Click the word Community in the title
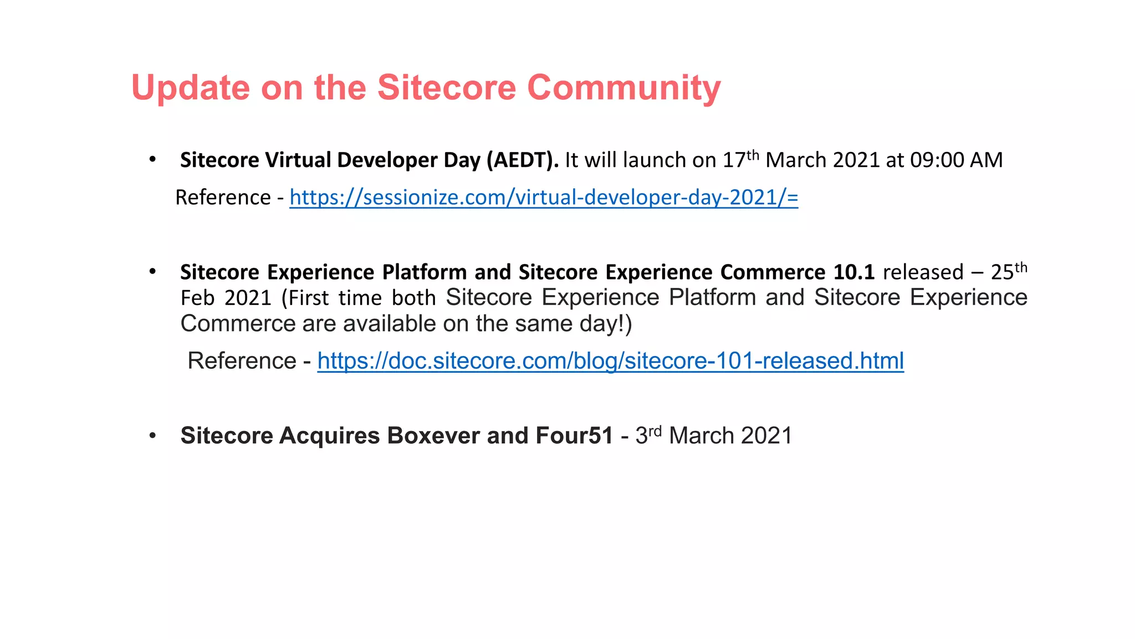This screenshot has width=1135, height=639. (623, 88)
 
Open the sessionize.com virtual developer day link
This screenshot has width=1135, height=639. (543, 197)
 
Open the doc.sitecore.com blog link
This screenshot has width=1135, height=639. (610, 361)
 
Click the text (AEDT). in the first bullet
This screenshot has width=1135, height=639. (522, 160)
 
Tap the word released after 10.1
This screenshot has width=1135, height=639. (923, 272)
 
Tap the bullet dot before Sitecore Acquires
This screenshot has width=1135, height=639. (152, 435)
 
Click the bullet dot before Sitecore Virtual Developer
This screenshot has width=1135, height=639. (152, 160)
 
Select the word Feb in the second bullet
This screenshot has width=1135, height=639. (197, 298)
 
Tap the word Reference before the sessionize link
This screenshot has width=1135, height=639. (223, 197)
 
